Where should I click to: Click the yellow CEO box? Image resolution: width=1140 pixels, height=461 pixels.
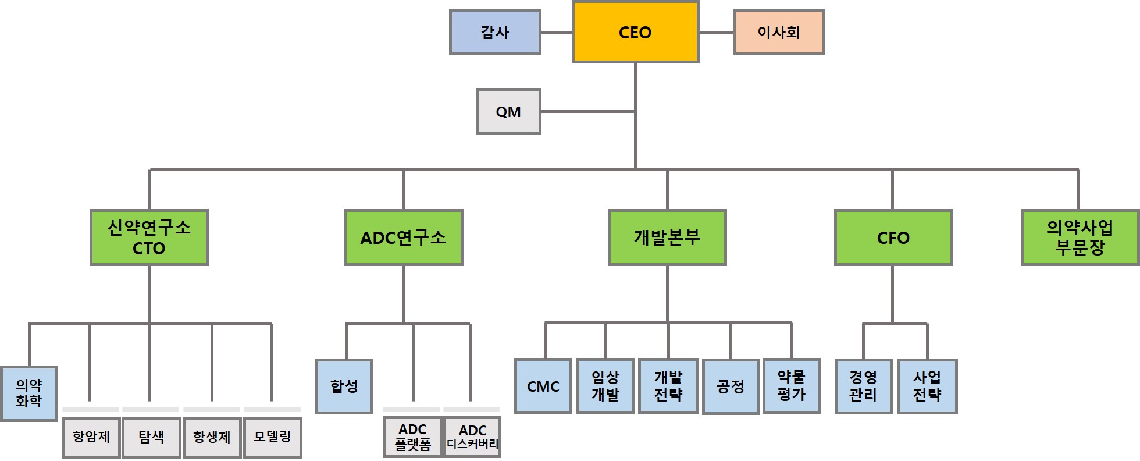(635, 32)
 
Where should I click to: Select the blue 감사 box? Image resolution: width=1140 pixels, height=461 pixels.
(495, 32)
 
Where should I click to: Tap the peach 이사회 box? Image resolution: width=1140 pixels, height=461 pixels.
(779, 32)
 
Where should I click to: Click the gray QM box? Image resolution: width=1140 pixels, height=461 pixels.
(508, 112)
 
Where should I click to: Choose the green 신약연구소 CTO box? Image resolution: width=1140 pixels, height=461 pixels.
(149, 237)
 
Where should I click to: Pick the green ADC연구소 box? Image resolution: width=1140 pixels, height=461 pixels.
(403, 237)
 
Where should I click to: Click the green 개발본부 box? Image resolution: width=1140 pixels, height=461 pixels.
(667, 237)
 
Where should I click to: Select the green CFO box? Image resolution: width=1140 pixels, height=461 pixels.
(893, 237)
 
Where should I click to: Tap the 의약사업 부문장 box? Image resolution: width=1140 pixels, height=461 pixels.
(1080, 237)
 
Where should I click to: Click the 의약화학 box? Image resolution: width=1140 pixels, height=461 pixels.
(29, 393)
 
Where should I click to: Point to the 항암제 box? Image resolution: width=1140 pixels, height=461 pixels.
(91, 437)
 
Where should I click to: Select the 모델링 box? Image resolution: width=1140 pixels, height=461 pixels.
(272, 437)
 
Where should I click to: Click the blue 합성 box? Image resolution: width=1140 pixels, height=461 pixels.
(344, 386)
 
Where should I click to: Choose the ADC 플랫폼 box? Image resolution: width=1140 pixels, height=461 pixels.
(412, 437)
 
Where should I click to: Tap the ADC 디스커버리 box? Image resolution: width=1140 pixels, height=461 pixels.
(472, 437)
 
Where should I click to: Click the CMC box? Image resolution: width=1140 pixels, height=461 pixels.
(543, 386)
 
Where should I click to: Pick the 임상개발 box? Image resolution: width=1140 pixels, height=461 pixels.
(605, 386)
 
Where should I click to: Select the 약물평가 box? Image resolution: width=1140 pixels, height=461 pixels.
(791, 386)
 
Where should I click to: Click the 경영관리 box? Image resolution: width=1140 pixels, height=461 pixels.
(863, 386)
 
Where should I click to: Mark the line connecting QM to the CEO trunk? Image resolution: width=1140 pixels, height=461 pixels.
(587, 111)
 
